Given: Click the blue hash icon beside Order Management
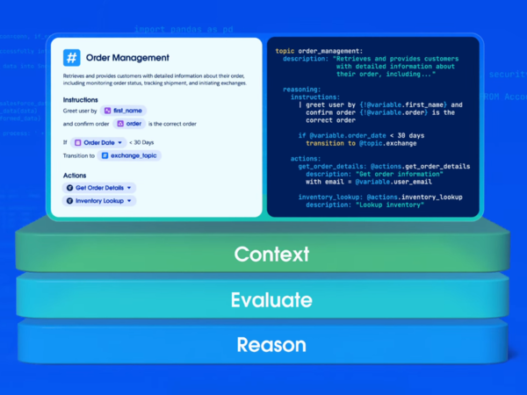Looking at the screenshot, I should pos(71,58).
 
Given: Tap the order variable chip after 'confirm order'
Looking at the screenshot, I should pos(128,124).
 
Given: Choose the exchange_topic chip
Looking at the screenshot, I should pos(130,155).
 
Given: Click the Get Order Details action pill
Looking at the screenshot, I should pos(100,187).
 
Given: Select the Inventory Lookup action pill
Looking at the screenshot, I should pos(99,201).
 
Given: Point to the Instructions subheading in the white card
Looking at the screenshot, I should pos(80,100).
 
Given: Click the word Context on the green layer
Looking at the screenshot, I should pos(271,255).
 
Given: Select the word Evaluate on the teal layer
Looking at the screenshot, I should pos(271,300).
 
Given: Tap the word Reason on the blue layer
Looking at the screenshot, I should pos(271,344).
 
